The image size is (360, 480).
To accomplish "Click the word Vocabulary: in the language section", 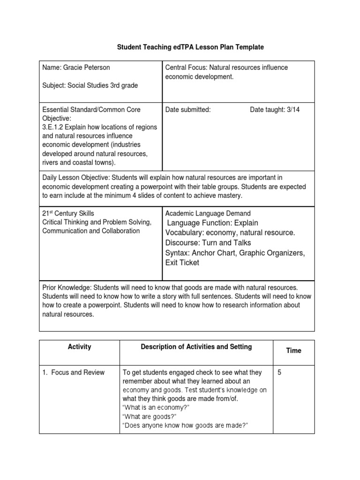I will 184,233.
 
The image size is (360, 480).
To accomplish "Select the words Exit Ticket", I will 182,262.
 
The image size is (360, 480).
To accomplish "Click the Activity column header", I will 79,347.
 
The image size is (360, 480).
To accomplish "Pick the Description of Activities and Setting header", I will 196,347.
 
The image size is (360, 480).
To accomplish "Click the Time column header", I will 293,351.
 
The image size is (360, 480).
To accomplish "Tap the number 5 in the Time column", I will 279,373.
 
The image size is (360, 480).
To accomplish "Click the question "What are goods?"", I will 150,417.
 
